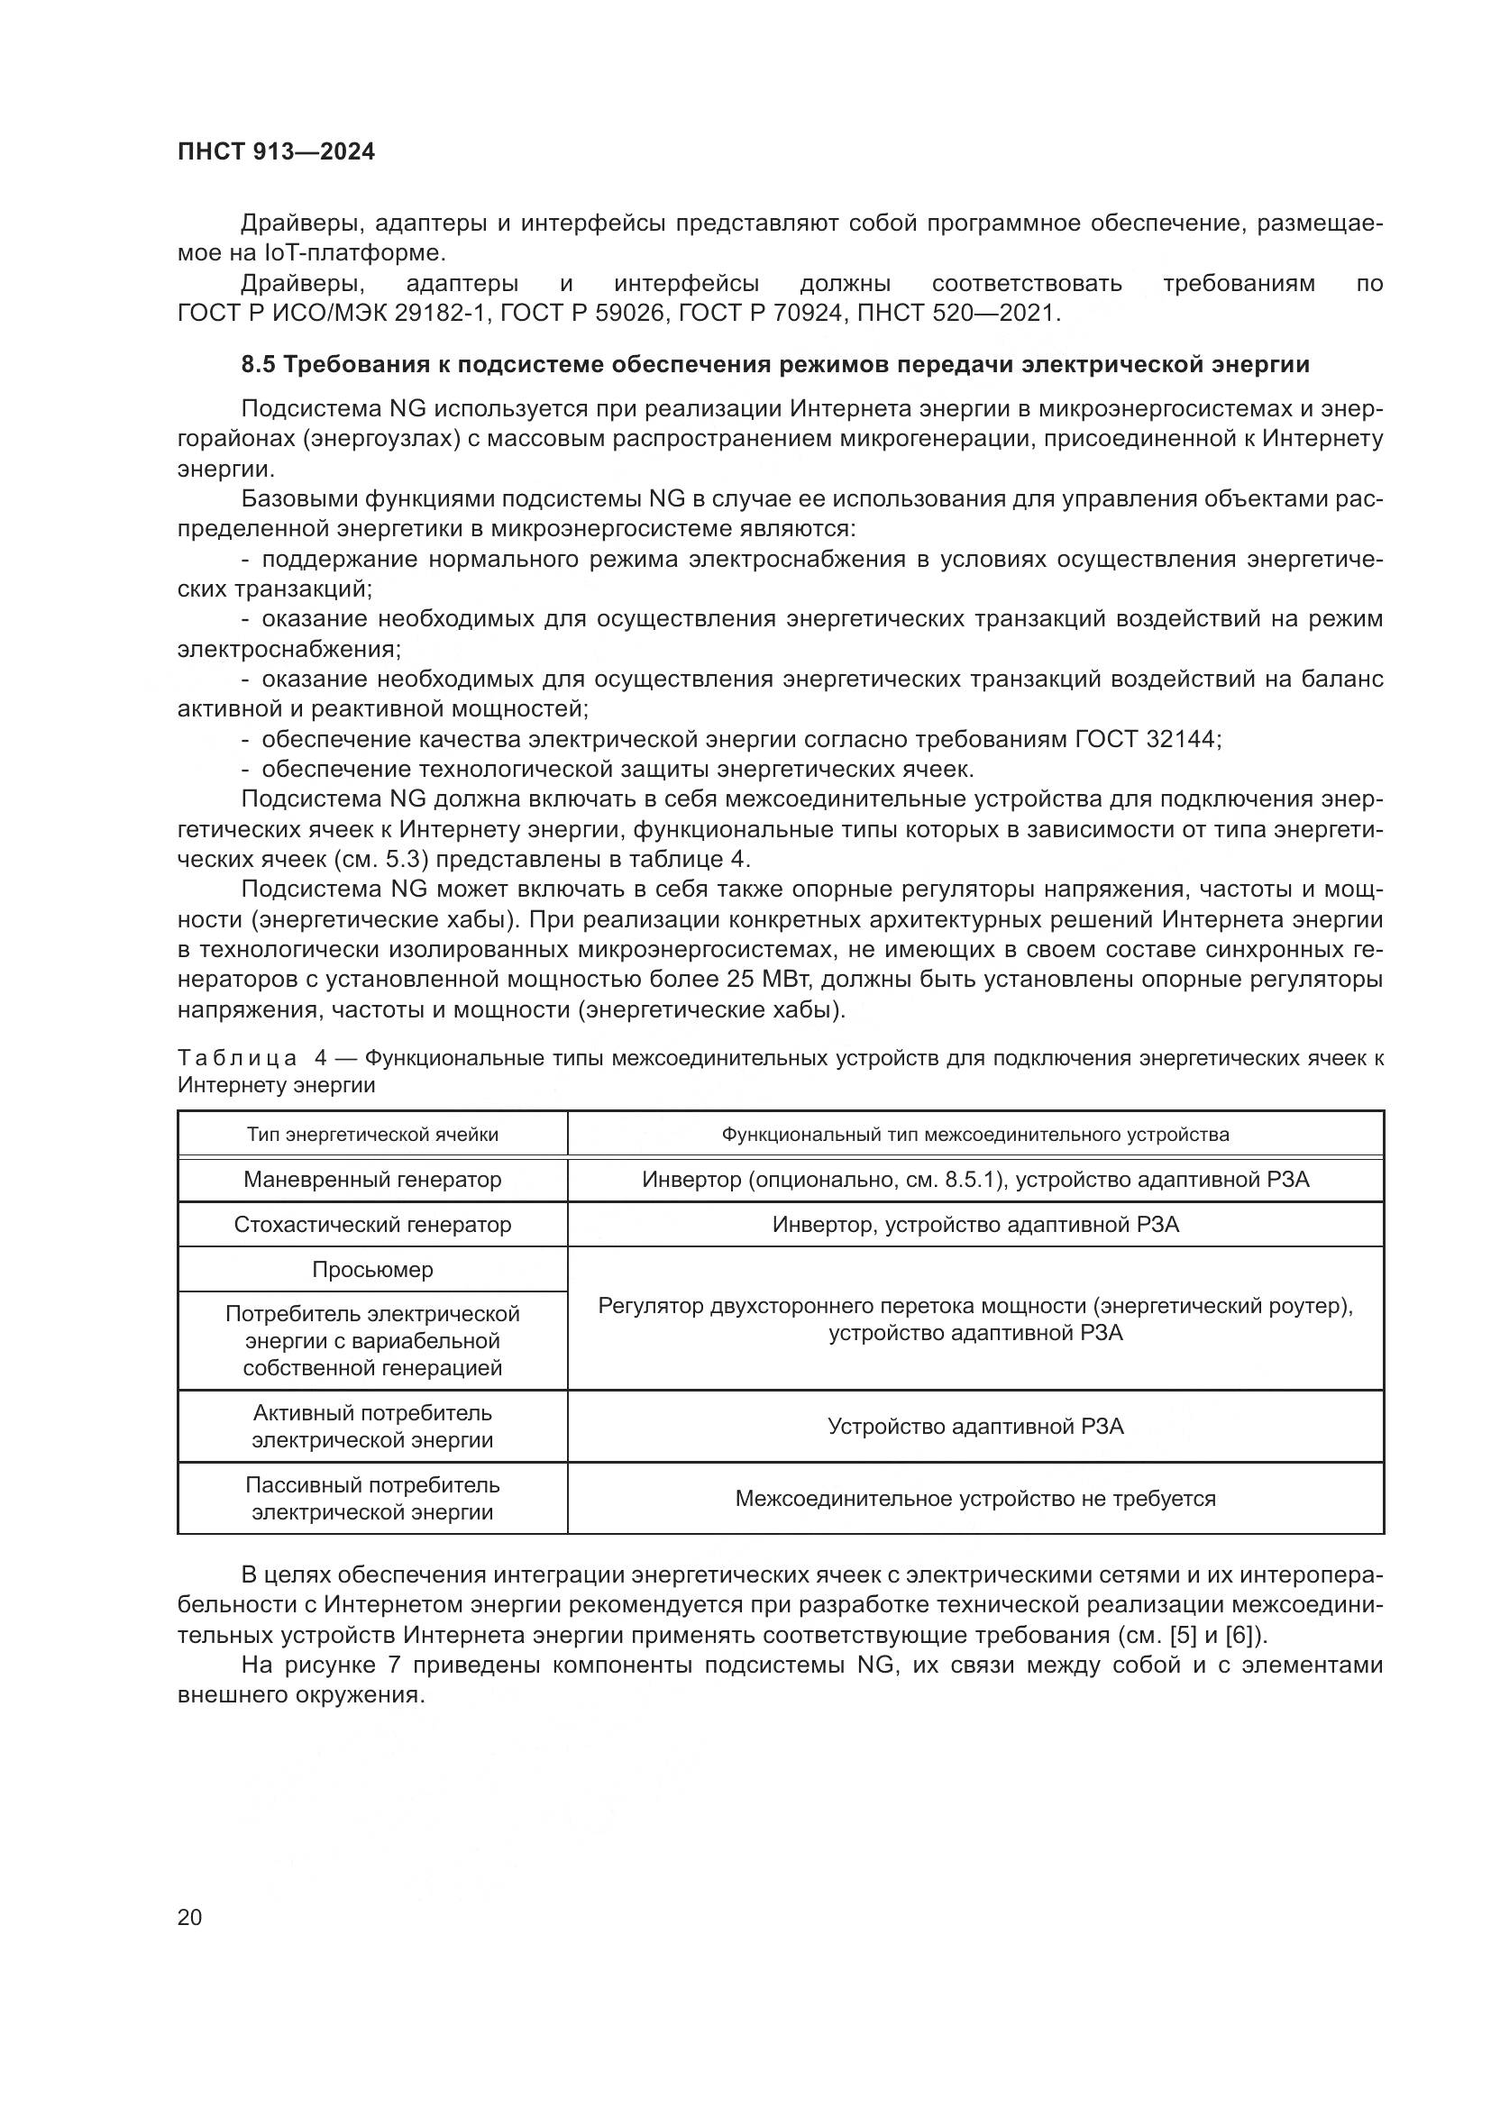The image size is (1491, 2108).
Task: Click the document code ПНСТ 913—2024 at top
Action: click(x=277, y=152)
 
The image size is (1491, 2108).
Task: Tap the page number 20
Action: click(x=189, y=1917)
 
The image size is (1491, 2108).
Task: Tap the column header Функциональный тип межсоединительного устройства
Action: click(x=975, y=1135)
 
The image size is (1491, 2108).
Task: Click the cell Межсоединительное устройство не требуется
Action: click(x=975, y=1499)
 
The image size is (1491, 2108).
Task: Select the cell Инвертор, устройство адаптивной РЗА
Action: click(x=975, y=1225)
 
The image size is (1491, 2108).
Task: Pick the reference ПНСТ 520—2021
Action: click(x=956, y=313)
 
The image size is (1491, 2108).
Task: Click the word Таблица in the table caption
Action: click(x=237, y=1058)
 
